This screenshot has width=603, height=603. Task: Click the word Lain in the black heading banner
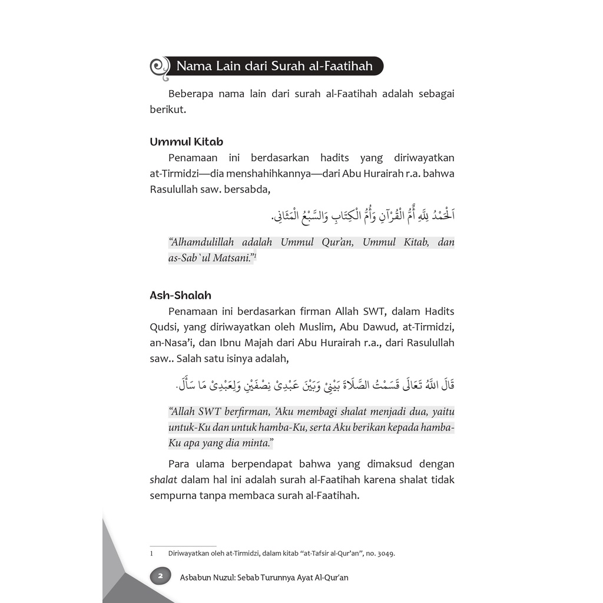tap(234, 66)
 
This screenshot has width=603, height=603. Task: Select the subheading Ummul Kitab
tap(186, 142)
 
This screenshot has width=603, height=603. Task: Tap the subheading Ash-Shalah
tap(180, 295)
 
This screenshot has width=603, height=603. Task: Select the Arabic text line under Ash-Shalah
tap(316, 385)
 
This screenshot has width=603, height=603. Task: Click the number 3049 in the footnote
tap(384, 554)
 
